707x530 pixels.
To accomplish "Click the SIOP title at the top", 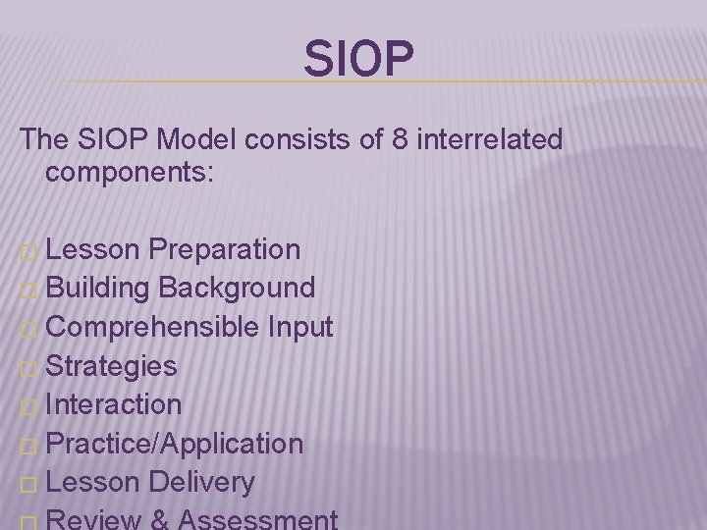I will (358, 59).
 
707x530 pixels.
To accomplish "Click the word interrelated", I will (491, 140).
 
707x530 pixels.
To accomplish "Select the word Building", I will (97, 289).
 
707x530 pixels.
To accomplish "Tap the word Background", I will (237, 289).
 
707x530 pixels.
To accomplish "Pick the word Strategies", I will (111, 366).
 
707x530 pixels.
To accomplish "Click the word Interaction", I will (113, 404).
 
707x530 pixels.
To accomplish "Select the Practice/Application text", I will (174, 444).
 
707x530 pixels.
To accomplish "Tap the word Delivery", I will (202, 482).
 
